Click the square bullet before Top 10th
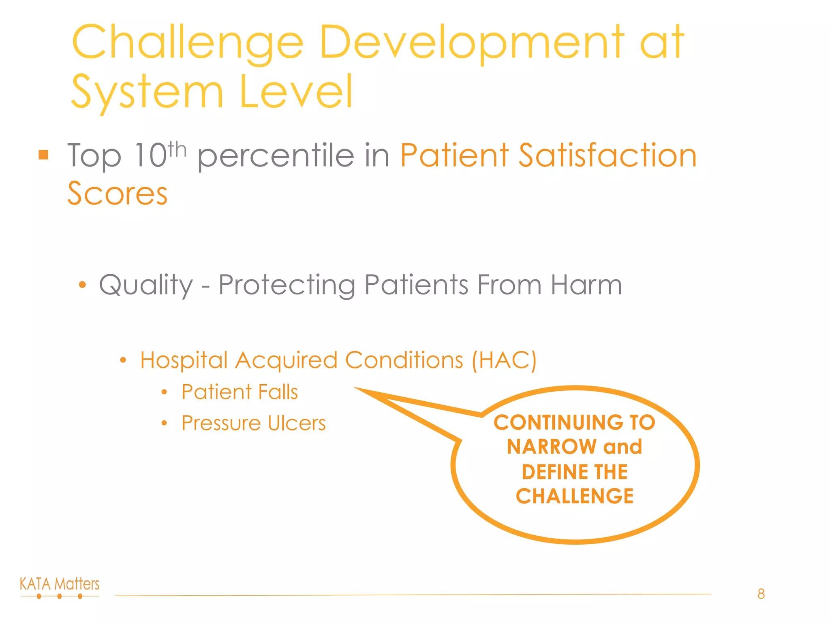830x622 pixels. point(43,155)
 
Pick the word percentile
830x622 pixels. point(276,156)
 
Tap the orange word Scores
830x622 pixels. point(118,194)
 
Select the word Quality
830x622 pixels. point(146,285)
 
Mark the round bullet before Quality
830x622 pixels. point(82,285)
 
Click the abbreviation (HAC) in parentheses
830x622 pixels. point(504,360)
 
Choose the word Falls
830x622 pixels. point(278,392)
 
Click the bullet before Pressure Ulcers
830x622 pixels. point(164,424)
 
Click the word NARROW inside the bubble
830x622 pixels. point(552,447)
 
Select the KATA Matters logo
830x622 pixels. point(60,587)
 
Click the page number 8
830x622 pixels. point(761,594)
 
